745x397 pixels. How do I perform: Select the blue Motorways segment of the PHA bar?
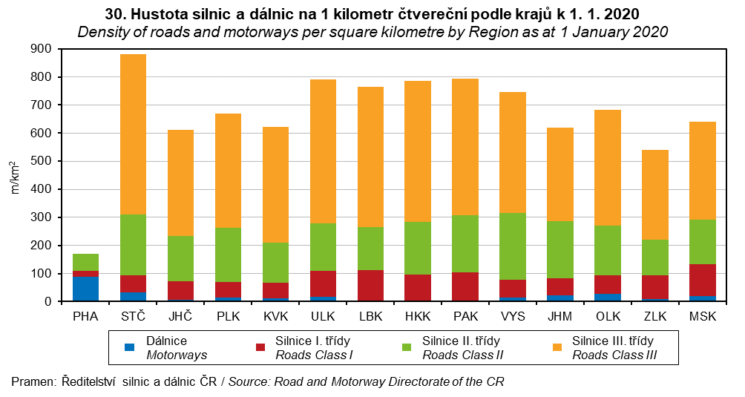[x=85, y=289]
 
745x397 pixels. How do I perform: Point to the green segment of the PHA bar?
[x=85, y=262]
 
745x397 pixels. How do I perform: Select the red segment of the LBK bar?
[x=370, y=286]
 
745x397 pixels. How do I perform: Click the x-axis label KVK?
[x=275, y=317]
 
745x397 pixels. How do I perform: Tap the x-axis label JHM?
[x=559, y=317]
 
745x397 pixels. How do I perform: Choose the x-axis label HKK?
[x=417, y=317]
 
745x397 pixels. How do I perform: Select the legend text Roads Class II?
[x=462, y=355]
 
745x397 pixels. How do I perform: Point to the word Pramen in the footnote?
[x=32, y=381]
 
